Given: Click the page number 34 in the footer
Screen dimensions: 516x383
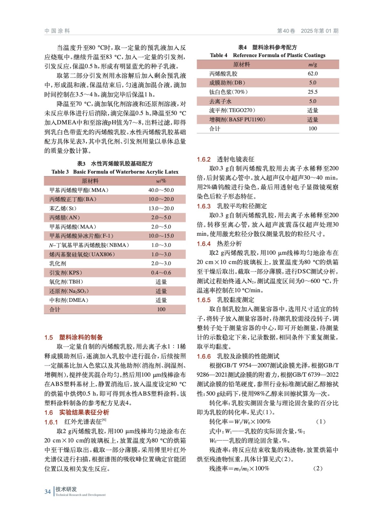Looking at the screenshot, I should tap(47, 492).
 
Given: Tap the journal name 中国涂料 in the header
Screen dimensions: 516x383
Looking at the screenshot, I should tap(57, 31).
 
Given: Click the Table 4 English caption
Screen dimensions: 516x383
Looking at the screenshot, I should tap(267, 55).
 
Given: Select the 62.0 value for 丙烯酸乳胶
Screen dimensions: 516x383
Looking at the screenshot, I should tap(312, 74).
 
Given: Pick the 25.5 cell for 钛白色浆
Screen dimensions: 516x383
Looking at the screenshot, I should tap(312, 92).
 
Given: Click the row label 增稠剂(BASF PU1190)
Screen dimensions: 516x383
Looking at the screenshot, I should tap(237, 120).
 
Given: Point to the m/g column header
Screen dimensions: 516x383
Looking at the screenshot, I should tap(312, 64).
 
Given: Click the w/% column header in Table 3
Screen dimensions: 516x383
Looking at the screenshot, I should tap(161, 181).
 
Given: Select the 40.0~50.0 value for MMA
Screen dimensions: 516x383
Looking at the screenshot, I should tap(161, 190).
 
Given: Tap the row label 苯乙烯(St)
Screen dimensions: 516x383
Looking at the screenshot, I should tap(63, 208).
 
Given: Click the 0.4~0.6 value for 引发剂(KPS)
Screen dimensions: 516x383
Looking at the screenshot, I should tap(161, 273).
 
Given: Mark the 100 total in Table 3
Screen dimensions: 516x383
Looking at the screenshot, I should tap(161, 310).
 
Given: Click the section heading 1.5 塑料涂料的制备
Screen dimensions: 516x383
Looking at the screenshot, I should tap(74, 337).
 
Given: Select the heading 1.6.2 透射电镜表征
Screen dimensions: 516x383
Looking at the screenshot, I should tap(226, 159).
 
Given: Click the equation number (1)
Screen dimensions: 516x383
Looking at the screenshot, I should tap(320, 422).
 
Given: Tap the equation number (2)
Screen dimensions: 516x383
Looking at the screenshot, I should tap(318, 468).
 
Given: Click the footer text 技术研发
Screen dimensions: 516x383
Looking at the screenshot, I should tap(66, 489).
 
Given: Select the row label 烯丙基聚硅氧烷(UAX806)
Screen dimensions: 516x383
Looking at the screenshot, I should tap(82, 254).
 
